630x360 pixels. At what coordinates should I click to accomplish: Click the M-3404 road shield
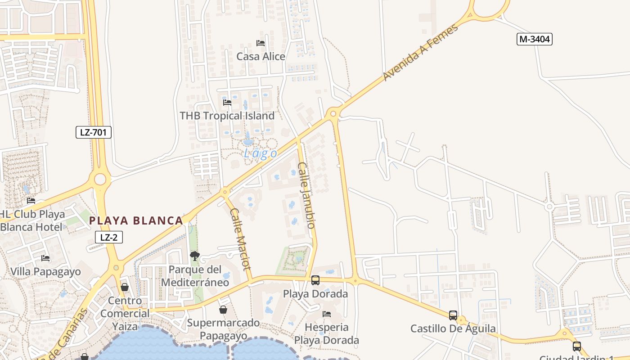(x=534, y=39)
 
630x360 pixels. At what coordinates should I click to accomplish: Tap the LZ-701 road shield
(x=93, y=132)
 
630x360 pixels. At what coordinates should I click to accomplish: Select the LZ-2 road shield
(x=109, y=237)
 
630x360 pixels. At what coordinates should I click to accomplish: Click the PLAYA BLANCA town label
(x=136, y=220)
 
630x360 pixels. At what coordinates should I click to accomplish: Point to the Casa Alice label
(x=261, y=56)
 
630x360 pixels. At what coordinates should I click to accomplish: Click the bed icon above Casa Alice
(x=261, y=43)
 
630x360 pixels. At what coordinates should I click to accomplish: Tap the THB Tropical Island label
(x=227, y=116)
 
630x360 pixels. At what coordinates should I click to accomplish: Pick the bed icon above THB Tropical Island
(x=227, y=103)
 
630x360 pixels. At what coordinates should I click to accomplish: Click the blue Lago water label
(x=261, y=153)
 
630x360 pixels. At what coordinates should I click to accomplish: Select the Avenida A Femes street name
(x=420, y=52)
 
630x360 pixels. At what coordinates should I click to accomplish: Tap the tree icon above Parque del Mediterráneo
(x=195, y=256)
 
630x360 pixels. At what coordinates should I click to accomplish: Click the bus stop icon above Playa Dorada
(x=315, y=280)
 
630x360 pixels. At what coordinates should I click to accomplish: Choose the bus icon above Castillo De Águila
(x=453, y=315)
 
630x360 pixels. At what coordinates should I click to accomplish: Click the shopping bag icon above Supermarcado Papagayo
(x=223, y=310)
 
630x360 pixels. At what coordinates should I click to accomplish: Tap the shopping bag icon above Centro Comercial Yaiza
(x=125, y=287)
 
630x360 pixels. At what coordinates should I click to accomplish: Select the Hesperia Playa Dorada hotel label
(x=327, y=333)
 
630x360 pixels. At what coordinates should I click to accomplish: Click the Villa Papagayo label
(x=45, y=271)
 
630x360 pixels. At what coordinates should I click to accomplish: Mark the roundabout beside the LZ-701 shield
(x=100, y=180)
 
